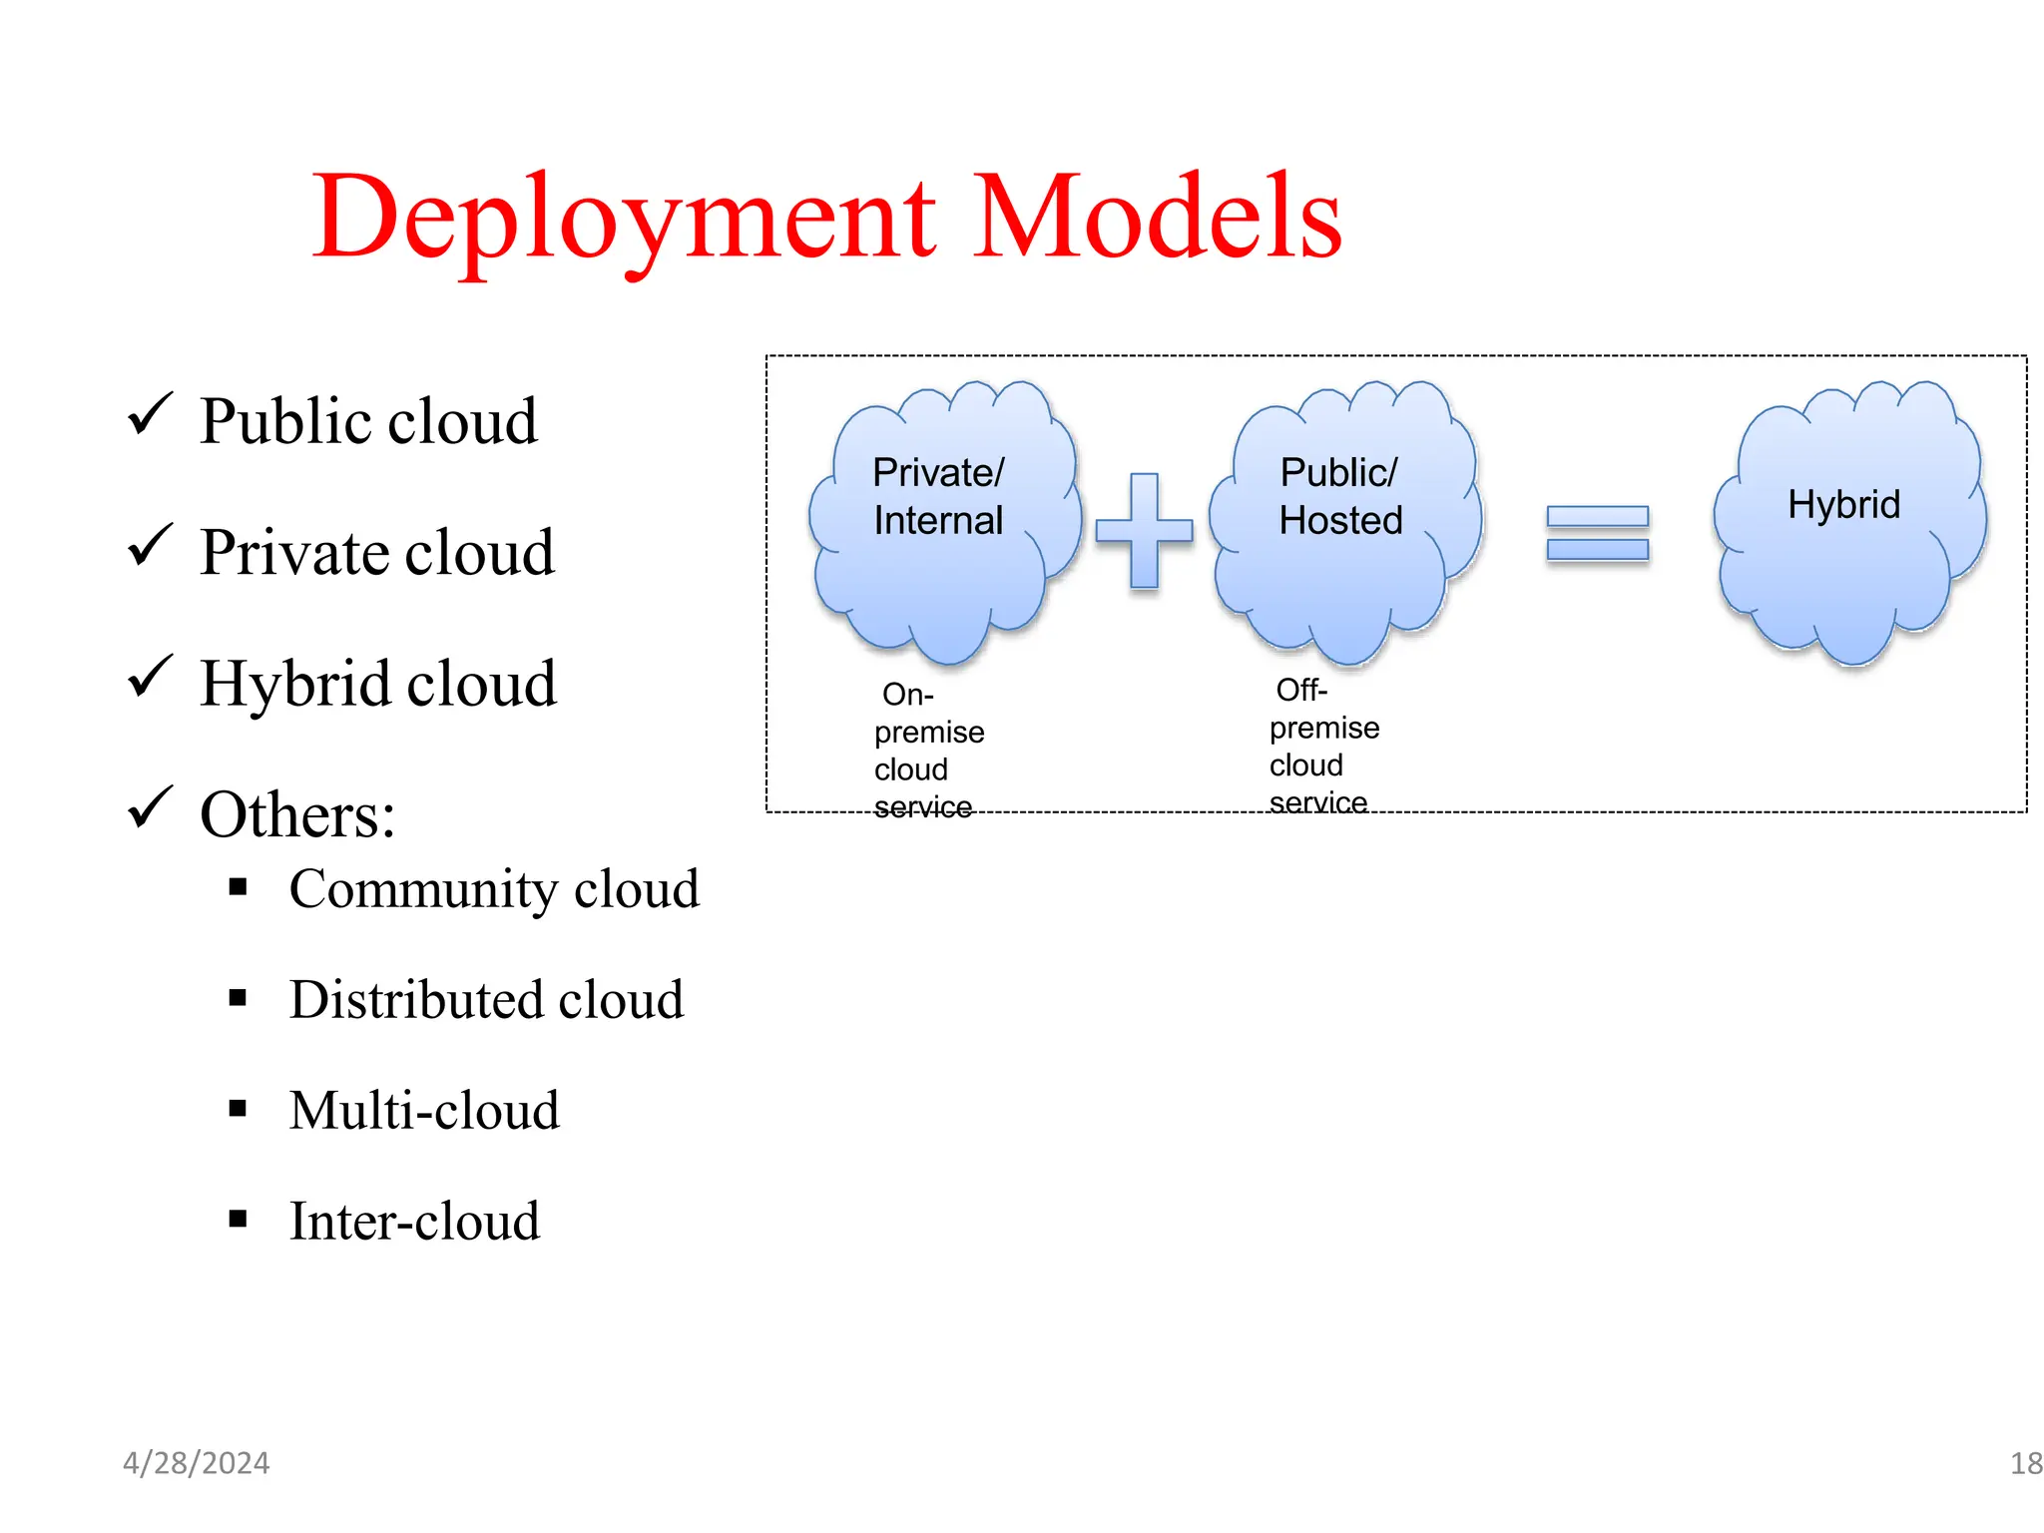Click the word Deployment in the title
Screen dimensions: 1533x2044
tap(624, 218)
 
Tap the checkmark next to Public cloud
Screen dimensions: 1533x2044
tap(151, 414)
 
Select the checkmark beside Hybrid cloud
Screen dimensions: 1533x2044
tap(151, 677)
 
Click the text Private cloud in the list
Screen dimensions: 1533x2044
tap(376, 552)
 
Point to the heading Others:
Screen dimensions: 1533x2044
tap(297, 814)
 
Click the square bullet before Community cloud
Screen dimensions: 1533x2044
tap(238, 886)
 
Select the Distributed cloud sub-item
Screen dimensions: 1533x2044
tap(486, 999)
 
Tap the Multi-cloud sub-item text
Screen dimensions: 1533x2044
tap(424, 1110)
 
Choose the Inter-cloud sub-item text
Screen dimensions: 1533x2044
tap(414, 1221)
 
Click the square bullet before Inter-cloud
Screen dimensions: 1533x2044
tap(238, 1219)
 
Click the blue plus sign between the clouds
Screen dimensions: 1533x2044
tap(1144, 530)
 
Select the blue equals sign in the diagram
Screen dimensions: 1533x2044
tap(1597, 533)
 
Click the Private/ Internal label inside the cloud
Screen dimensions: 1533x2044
tap(938, 496)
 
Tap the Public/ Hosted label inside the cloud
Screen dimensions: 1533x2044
tap(1340, 496)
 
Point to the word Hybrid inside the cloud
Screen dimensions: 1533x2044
tap(1843, 504)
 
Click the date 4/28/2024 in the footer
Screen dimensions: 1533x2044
tap(196, 1463)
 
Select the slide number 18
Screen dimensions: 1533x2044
tap(2025, 1463)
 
